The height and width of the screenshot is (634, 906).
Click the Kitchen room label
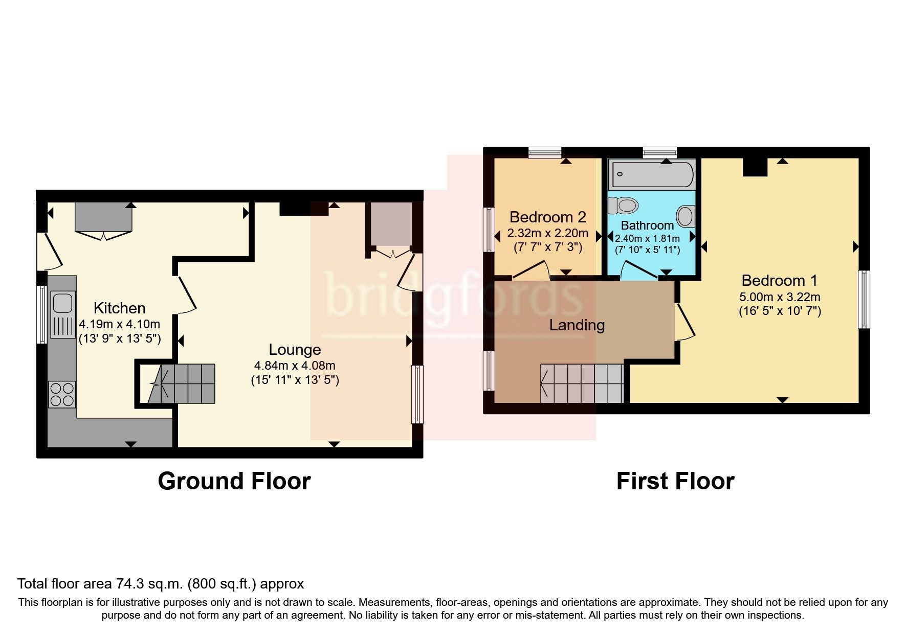click(x=119, y=308)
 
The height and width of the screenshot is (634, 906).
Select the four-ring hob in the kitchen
click(x=62, y=395)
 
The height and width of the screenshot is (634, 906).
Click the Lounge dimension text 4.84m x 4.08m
click(x=295, y=366)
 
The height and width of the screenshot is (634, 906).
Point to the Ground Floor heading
click(x=234, y=481)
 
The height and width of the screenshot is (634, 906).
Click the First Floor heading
click(x=675, y=481)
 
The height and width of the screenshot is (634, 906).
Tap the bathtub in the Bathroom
click(x=651, y=174)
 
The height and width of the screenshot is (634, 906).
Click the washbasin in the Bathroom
click(x=686, y=216)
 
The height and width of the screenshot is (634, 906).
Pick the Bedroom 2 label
click(x=547, y=217)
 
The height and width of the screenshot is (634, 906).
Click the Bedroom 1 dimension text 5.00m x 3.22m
click(x=780, y=297)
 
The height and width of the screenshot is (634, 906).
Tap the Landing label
click(x=577, y=325)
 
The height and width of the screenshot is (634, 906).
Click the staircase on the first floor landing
click(x=582, y=383)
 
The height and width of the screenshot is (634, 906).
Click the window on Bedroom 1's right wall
click(x=864, y=299)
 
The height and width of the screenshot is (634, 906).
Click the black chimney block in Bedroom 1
click(x=755, y=167)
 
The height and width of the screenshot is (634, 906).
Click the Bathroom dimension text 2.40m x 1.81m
click(x=647, y=239)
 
